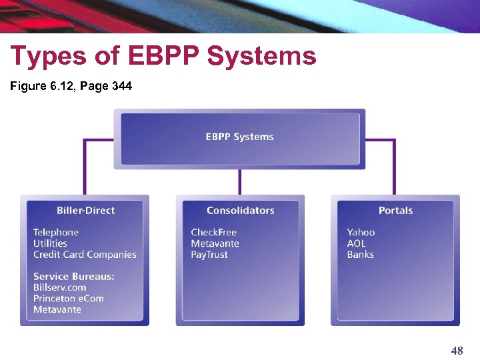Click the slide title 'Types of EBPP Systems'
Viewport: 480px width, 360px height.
coord(163,57)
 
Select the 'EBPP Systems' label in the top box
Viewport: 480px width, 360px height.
coord(239,137)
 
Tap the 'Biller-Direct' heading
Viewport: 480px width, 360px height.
coord(85,211)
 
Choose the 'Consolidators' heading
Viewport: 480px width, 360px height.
coord(240,211)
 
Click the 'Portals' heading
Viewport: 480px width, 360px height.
coord(395,211)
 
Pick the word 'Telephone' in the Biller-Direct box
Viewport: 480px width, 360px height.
coord(56,233)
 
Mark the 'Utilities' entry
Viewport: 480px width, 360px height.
coord(50,243)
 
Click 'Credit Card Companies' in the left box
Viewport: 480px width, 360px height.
coord(85,255)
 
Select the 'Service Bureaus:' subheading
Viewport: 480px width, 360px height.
coord(74,277)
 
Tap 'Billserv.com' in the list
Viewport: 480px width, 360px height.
coord(60,287)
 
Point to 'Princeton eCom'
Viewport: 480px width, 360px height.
coord(69,299)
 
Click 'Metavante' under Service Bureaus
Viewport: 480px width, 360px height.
coord(57,309)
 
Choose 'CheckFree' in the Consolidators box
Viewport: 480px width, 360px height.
coord(213,233)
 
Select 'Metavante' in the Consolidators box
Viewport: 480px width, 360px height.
coord(215,243)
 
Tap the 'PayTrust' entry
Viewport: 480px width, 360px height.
coord(209,255)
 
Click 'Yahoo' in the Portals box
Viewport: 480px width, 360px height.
coord(361,233)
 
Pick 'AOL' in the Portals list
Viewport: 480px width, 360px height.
coord(357,243)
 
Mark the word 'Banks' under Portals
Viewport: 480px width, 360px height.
coord(360,255)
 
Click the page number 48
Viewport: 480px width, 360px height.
coord(457,351)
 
